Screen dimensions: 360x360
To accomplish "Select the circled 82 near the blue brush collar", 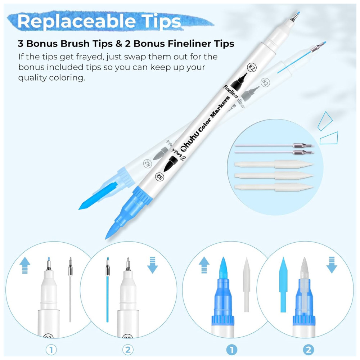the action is click(x=159, y=176).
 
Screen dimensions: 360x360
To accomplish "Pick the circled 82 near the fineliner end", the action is click(x=252, y=68).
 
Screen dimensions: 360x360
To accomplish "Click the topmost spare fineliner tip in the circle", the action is click(x=274, y=145).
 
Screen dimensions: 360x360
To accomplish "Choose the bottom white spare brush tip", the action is click(x=274, y=187).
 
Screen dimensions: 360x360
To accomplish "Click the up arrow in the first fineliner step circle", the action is click(x=25, y=265).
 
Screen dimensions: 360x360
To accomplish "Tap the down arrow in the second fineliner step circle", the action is click(x=152, y=265).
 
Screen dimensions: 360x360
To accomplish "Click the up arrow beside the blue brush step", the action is click(x=204, y=265).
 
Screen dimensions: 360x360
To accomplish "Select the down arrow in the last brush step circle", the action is click(x=332, y=265).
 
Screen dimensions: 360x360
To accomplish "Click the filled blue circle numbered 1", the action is click(x=231, y=350).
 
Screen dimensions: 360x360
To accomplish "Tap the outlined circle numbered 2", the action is click(x=128, y=350).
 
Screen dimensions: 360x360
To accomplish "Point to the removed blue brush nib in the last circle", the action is click(x=283, y=285).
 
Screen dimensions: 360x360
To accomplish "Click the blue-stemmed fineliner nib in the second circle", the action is click(x=107, y=290).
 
